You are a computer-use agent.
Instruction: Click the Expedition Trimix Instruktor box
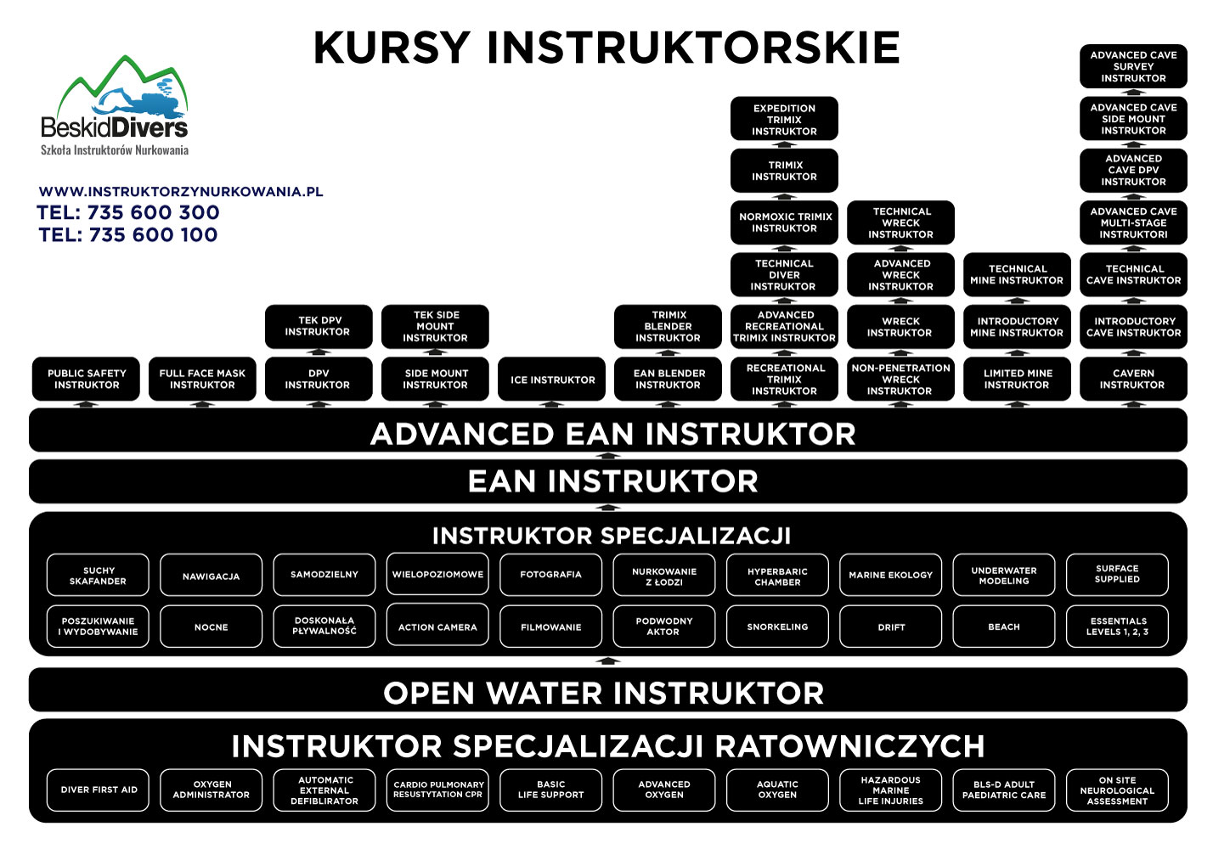(x=784, y=119)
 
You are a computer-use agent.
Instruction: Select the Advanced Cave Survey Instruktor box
(x=1133, y=66)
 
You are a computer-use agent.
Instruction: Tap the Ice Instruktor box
(x=552, y=380)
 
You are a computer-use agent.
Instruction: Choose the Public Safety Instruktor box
(x=86, y=379)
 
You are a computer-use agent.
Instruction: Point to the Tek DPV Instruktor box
(x=319, y=326)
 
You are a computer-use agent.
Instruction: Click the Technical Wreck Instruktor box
(x=900, y=222)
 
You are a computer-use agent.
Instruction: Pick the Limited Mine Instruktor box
(x=1017, y=379)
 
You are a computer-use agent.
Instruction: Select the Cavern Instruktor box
(x=1133, y=379)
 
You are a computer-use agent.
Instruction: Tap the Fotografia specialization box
(x=550, y=575)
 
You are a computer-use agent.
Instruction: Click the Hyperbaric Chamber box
(x=777, y=576)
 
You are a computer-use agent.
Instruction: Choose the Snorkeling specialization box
(x=777, y=627)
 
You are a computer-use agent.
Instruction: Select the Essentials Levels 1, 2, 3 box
(x=1117, y=627)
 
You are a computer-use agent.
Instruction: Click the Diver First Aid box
(x=99, y=790)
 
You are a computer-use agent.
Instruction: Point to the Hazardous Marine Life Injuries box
(x=890, y=790)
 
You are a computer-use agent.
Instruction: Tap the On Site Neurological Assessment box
(x=1117, y=790)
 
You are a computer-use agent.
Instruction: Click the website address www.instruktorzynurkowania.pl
(x=181, y=192)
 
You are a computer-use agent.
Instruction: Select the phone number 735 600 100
(x=153, y=235)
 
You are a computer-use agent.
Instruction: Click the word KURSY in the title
(x=391, y=48)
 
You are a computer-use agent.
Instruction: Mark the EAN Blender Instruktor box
(x=669, y=379)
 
